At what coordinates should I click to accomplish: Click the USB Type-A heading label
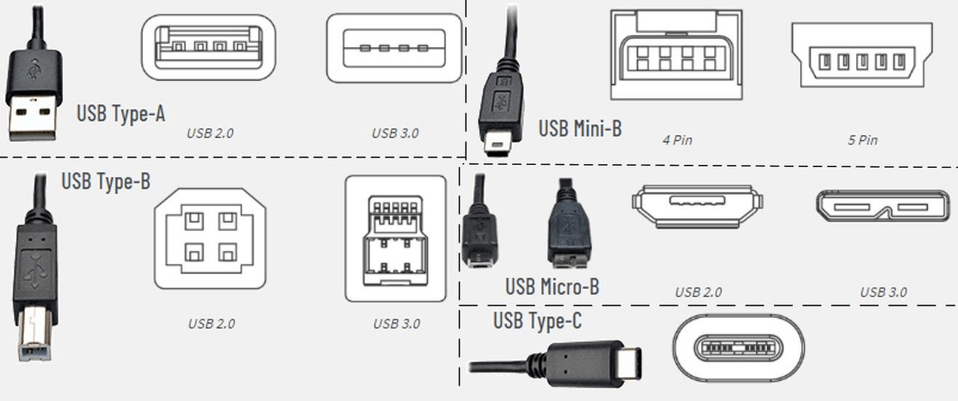[121, 113]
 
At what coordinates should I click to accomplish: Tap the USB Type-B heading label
[105, 181]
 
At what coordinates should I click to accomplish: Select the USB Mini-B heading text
[580, 129]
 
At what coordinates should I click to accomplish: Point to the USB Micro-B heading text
[552, 287]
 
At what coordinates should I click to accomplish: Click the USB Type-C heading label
[537, 320]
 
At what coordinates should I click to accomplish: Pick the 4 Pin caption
[676, 140]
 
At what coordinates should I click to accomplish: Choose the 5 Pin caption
[862, 140]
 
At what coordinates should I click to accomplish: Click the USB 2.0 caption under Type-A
[209, 133]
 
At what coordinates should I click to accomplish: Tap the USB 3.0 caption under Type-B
[396, 324]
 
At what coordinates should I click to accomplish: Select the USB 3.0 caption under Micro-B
[883, 292]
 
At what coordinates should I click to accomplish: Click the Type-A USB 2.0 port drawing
[208, 47]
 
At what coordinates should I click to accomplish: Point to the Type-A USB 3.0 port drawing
[394, 48]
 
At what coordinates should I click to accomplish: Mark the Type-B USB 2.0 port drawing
[209, 238]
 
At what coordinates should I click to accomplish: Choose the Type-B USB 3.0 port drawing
[395, 238]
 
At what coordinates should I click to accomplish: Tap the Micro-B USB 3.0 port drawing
[882, 206]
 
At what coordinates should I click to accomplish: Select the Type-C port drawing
[738, 348]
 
